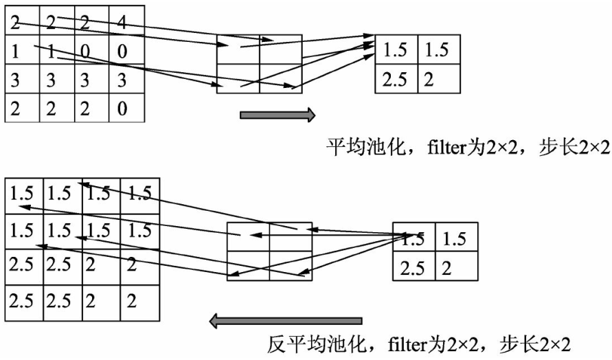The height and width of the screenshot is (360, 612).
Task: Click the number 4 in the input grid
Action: coord(122,23)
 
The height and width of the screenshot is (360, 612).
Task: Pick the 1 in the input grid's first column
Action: coord(15,52)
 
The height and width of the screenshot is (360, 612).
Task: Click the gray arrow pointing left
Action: coord(285,320)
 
